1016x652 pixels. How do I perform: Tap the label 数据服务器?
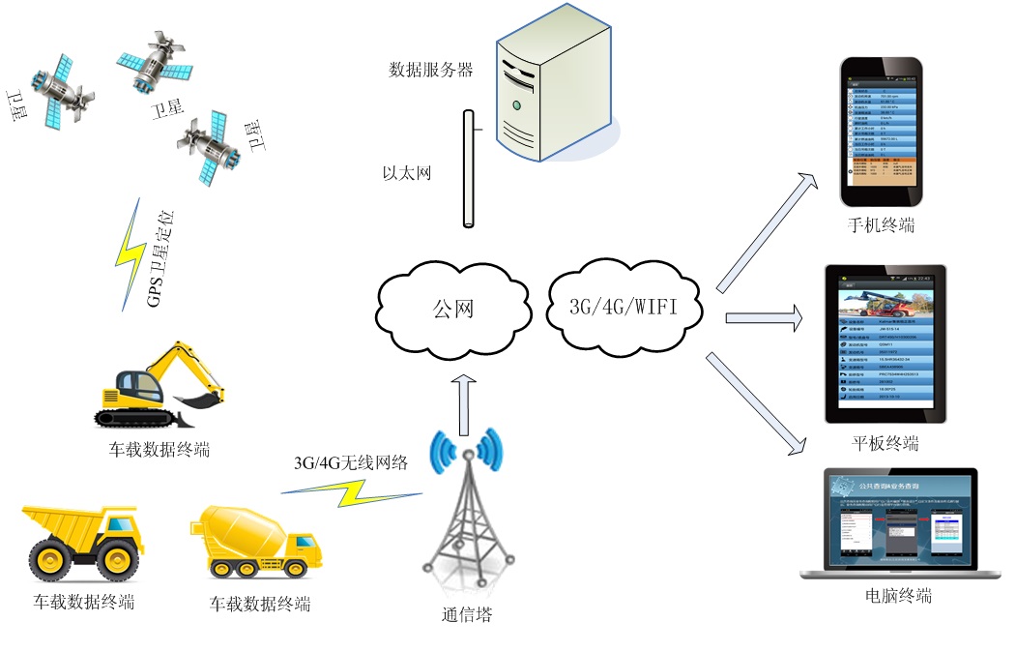pyautogui.click(x=431, y=70)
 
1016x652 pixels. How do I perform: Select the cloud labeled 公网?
pyautogui.click(x=452, y=311)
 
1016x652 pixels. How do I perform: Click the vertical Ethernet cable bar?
pyautogui.click(x=468, y=169)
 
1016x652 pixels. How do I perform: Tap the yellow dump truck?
pyautogui.click(x=81, y=542)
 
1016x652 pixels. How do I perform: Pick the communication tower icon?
pyautogui.click(x=467, y=513)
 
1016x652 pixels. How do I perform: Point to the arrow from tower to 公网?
pyautogui.click(x=465, y=405)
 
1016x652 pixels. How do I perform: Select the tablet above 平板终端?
pyautogui.click(x=885, y=344)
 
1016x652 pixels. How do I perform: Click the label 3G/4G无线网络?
pyautogui.click(x=351, y=462)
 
